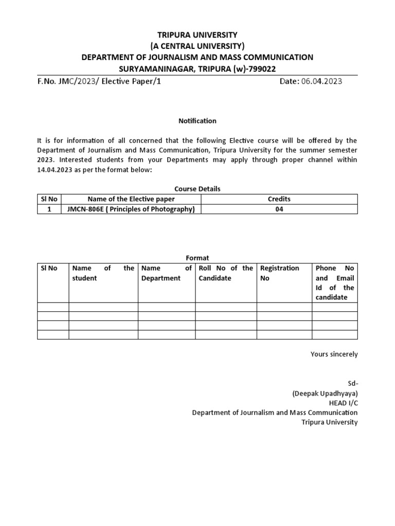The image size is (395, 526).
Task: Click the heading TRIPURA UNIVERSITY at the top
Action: [x=197, y=35]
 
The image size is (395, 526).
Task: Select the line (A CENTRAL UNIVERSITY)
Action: [x=197, y=46]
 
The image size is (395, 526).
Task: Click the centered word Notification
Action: [x=197, y=121]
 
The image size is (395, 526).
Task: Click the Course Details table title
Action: [x=197, y=189]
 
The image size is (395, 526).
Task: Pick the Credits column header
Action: [x=279, y=199]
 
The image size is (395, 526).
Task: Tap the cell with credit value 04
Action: [x=279, y=209]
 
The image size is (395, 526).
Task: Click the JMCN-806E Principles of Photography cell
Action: [x=131, y=209]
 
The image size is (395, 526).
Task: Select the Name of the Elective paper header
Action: [x=131, y=199]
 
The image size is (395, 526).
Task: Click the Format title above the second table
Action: [x=197, y=258]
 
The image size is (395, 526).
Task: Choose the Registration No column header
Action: [x=279, y=273]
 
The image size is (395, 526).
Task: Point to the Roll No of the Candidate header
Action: [x=226, y=273]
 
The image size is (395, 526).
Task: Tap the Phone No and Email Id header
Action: [x=335, y=283]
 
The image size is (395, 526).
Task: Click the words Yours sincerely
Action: [x=334, y=354]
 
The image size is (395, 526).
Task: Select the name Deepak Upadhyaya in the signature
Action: [x=325, y=393]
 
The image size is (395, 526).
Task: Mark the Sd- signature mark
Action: [x=352, y=383]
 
